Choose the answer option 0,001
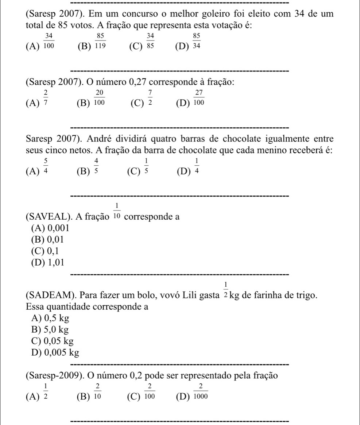[x=50, y=228]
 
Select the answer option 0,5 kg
[x=51, y=318]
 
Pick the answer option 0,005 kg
[x=56, y=353]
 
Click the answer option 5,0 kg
[x=51, y=330]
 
